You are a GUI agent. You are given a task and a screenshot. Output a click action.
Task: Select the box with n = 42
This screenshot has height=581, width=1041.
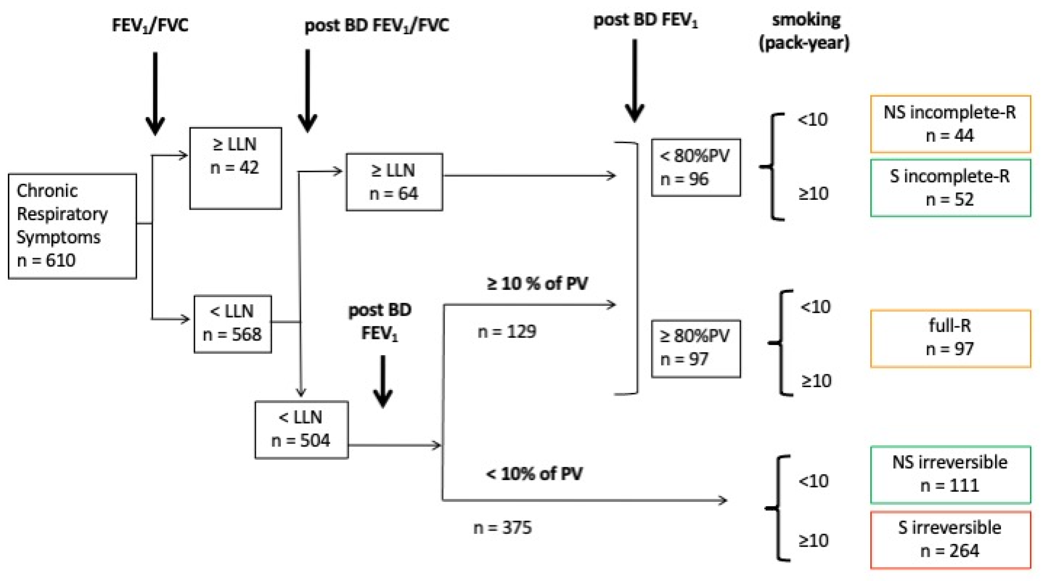click(235, 168)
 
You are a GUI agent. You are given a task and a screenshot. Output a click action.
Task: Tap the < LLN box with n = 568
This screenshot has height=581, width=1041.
click(232, 323)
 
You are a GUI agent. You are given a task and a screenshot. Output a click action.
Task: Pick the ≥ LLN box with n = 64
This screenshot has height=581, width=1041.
click(394, 181)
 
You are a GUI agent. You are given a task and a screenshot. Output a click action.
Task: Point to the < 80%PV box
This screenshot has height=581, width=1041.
click(696, 167)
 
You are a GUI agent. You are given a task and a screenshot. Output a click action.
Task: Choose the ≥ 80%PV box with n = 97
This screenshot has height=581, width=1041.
click(696, 348)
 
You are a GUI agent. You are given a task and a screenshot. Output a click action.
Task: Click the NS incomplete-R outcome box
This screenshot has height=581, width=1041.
click(950, 124)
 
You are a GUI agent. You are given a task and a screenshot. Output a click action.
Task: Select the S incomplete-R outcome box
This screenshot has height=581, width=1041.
click(950, 188)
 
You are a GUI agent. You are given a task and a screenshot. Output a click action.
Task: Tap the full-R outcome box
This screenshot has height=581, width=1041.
click(950, 338)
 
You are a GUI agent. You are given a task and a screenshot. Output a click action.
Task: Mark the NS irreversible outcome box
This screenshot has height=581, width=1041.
click(950, 474)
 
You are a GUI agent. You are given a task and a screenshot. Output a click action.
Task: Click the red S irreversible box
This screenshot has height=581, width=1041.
click(950, 539)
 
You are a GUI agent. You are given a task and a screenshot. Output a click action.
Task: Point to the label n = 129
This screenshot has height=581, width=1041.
click(507, 332)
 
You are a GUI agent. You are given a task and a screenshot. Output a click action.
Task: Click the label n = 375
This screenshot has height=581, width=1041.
click(502, 527)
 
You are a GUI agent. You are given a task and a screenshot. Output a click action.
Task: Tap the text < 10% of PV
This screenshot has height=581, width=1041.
click(534, 473)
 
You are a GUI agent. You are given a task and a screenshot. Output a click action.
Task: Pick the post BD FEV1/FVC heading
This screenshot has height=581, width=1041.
click(377, 25)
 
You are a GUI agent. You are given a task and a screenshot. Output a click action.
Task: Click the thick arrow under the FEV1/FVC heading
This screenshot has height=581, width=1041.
click(155, 93)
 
